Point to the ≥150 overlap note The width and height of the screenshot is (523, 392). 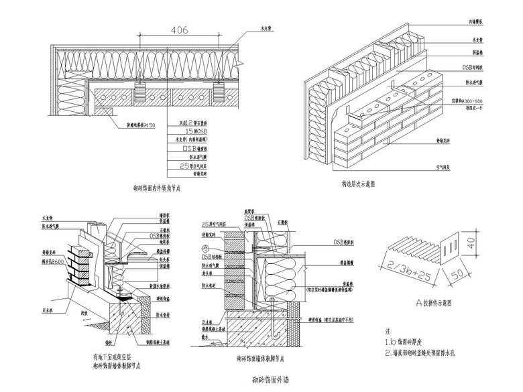point(141,125)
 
